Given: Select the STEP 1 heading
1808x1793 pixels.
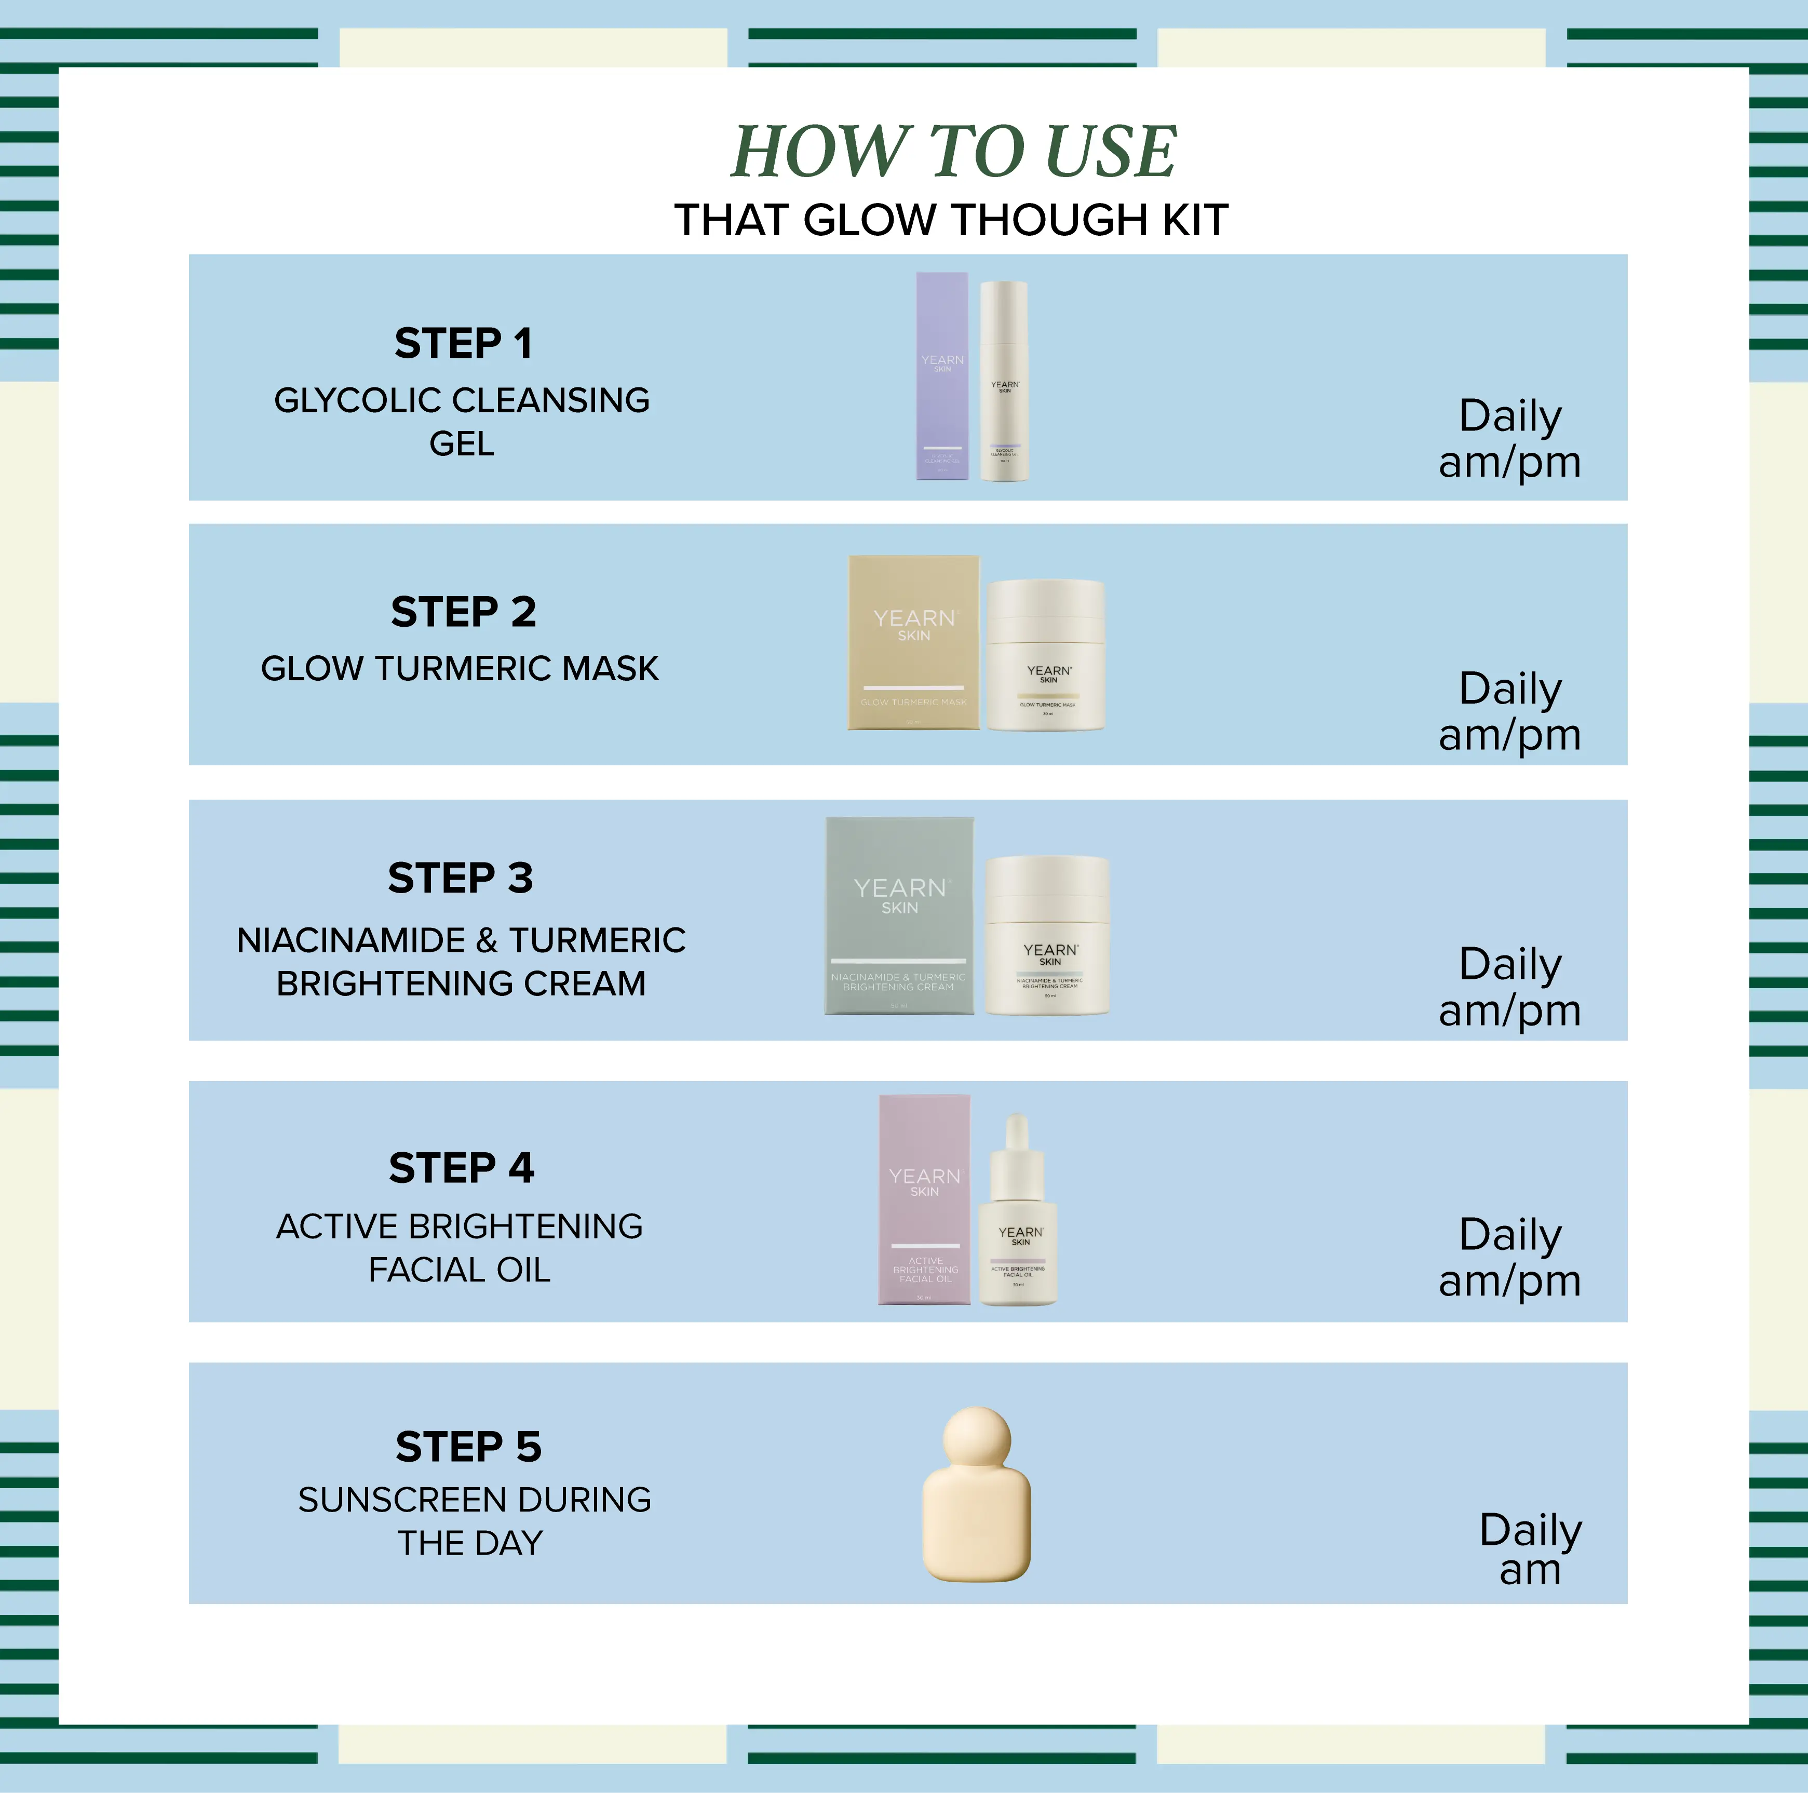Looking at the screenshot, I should tap(463, 343).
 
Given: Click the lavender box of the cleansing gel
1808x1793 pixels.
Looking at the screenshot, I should tap(941, 376).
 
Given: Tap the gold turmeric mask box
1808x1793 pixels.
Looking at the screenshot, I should tap(913, 643).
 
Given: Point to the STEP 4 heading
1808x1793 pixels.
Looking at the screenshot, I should tap(462, 1168).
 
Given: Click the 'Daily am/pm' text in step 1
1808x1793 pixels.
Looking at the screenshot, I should tap(1509, 438).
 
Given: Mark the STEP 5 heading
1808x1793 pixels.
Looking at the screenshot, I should tap(468, 1447).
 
